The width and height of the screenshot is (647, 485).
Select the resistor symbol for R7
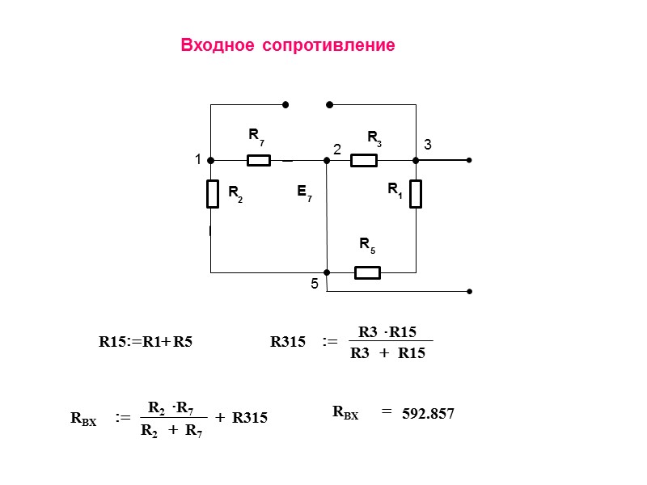coord(258,160)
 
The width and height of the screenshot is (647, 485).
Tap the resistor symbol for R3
coord(364,160)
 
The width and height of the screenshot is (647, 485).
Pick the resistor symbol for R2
coord(212,194)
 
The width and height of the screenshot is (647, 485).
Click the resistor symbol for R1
coord(416,194)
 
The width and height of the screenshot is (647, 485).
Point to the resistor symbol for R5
coord(367,272)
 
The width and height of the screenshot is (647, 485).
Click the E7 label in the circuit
coord(303,192)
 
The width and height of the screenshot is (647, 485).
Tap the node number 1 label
coord(197,161)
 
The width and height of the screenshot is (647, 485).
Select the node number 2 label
coord(337,150)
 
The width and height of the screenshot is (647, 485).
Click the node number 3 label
coord(428,145)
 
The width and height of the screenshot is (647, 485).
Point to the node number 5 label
coord(315,285)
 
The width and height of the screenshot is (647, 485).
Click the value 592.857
coord(428,414)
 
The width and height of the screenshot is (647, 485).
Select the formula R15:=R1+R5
coord(146,342)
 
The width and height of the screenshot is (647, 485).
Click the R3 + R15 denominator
coord(387,353)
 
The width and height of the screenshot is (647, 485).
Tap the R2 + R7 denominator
coord(171,431)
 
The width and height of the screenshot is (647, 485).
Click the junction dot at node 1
coord(210,160)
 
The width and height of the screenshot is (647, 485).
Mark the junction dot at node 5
coord(327,272)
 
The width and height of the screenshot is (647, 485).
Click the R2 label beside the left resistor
coord(234,192)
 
